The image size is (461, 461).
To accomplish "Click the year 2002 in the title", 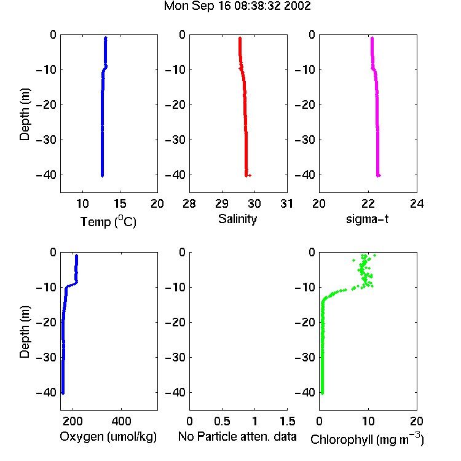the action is click(297, 6).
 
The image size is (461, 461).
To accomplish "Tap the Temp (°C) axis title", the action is click(108, 222).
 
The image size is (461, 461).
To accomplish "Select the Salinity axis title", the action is click(237, 219).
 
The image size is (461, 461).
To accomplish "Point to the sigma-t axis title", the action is click(367, 219).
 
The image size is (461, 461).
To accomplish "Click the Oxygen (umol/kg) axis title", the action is click(108, 436).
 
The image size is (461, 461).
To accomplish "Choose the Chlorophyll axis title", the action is click(367, 439).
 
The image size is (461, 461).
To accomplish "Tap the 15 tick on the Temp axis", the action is click(120, 203).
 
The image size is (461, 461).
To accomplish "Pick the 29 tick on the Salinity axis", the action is click(222, 203).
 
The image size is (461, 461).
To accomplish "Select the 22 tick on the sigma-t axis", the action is click(368, 203).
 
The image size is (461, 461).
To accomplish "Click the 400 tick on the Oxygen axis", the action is click(121, 421).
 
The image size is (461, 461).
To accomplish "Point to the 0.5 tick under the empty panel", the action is click(222, 421).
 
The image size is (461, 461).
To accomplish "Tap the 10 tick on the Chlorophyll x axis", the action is click(368, 421).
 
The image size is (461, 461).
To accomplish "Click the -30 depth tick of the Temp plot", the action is click(46, 140).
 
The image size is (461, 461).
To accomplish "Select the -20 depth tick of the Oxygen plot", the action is click(46, 322).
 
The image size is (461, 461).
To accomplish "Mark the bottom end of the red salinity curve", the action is click(246, 176).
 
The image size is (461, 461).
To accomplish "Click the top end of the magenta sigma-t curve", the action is click(372, 38).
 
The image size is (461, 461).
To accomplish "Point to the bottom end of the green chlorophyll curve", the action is click(322, 393).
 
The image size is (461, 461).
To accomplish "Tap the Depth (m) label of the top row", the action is click(25, 114).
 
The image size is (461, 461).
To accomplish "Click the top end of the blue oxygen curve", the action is click(76, 256).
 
